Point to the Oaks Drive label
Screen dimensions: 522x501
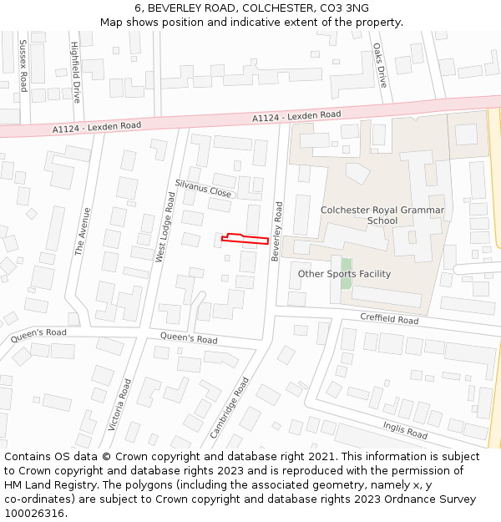click(x=379, y=66)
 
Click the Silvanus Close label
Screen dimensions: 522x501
click(x=203, y=187)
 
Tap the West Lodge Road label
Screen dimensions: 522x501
click(x=164, y=227)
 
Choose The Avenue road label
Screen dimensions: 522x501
click(x=81, y=231)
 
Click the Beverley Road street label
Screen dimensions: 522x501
click(x=276, y=231)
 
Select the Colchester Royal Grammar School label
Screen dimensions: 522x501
click(x=382, y=215)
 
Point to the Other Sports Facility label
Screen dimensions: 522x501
click(x=344, y=274)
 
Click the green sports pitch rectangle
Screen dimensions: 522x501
click(x=346, y=293)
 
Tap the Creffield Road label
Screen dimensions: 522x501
click(x=389, y=318)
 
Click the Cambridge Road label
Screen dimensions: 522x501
click(x=230, y=408)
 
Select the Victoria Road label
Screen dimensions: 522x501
click(x=120, y=405)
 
